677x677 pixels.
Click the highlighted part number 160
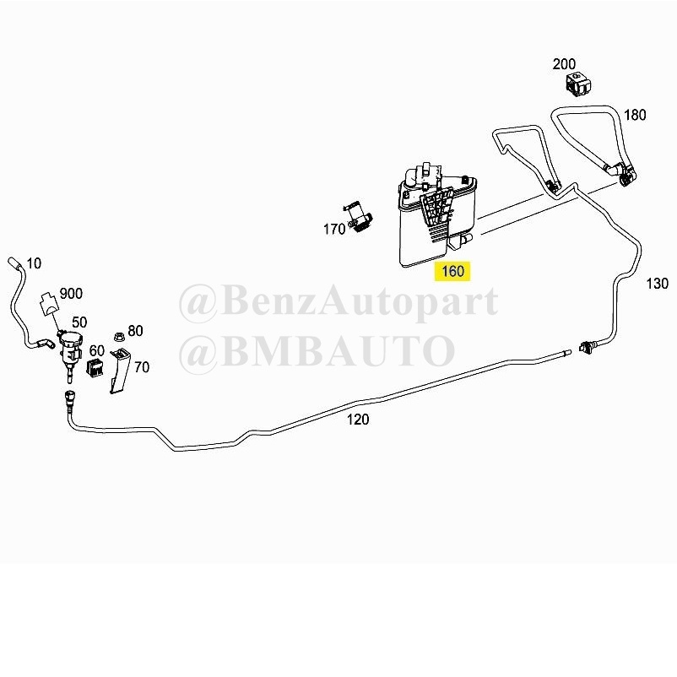[452, 271]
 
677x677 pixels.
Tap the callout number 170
[334, 229]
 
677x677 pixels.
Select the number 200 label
[564, 64]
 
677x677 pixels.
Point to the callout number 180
[635, 115]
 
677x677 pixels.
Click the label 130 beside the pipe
[657, 284]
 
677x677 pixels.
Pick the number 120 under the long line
[358, 420]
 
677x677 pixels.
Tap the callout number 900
[71, 294]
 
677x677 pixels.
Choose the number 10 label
[34, 263]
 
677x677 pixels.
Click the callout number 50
[79, 322]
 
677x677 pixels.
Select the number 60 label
[97, 350]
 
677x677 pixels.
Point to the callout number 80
[135, 331]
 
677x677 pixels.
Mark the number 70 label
[142, 367]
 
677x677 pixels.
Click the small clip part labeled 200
[578, 84]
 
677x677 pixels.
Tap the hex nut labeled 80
[118, 335]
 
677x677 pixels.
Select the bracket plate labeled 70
[120, 371]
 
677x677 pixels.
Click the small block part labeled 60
[95, 367]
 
